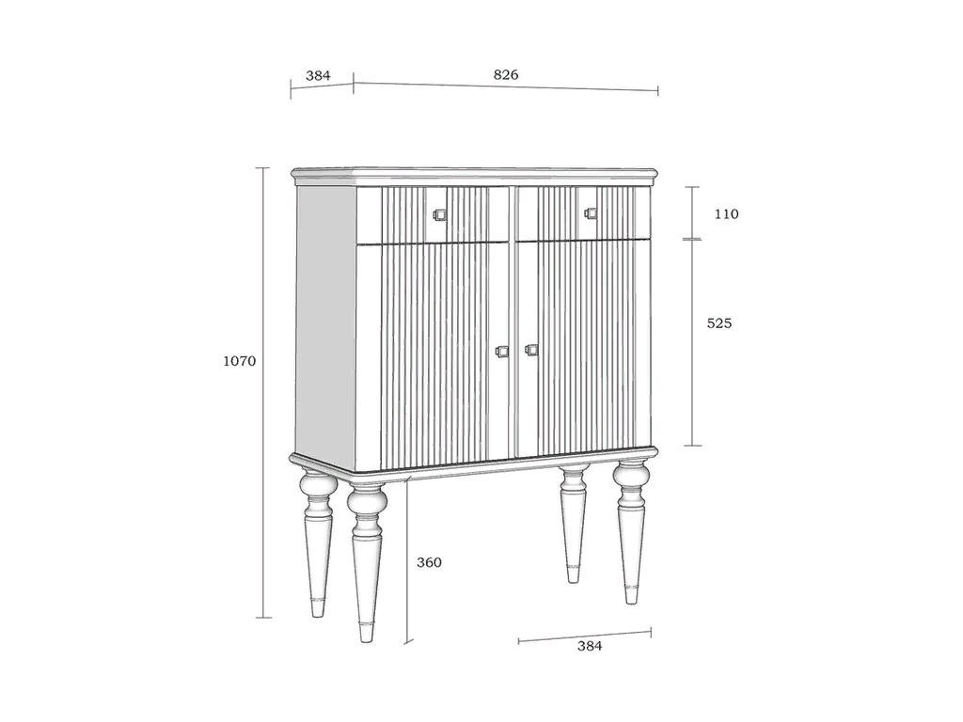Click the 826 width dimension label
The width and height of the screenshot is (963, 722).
tap(506, 75)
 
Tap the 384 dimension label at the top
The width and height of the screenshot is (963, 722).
tap(318, 75)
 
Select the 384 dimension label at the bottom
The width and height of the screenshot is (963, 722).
tap(590, 646)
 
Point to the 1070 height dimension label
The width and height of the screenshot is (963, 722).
tap(240, 361)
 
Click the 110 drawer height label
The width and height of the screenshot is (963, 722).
tap(727, 214)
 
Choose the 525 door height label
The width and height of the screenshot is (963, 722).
tap(719, 323)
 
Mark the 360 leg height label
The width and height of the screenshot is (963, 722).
tap(429, 562)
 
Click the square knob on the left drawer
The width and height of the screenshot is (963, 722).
tap(439, 214)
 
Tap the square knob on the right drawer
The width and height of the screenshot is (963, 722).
tap(591, 213)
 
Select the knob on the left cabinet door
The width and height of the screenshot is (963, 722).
tap(502, 352)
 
